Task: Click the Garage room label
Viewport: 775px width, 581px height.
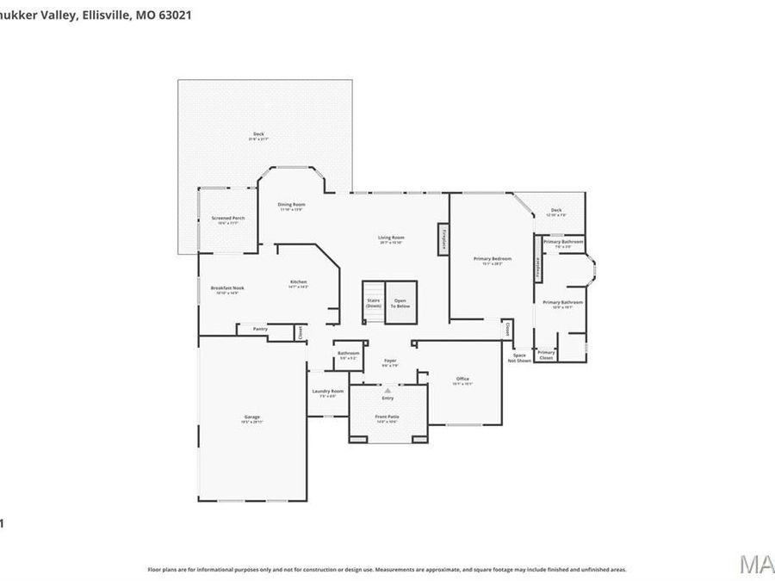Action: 251,417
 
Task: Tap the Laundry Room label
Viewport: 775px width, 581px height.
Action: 327,392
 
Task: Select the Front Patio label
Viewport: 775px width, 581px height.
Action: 387,417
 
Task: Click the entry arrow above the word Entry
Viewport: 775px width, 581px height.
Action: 387,390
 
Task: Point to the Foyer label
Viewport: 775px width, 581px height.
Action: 389,361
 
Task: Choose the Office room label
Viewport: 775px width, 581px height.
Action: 462,379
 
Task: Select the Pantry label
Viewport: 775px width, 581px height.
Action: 259,329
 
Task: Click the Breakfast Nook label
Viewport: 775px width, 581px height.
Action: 227,288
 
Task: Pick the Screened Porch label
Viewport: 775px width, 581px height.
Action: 228,219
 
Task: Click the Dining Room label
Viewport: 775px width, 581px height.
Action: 291,205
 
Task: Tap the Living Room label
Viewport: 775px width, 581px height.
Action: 391,238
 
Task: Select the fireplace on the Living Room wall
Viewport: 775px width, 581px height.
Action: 444,238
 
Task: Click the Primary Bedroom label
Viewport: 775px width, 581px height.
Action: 493,259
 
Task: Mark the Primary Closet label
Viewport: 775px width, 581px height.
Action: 546,354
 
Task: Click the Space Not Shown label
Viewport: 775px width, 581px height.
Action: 519,357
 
